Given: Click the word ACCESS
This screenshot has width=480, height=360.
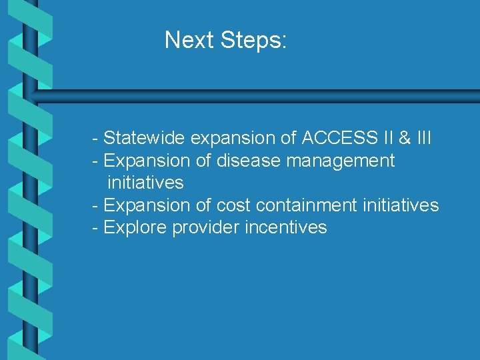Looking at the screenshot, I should pos(337,139).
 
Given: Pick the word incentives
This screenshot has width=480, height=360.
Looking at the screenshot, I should pos(286,227).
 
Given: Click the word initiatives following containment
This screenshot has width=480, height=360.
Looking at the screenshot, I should pos(401,205).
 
